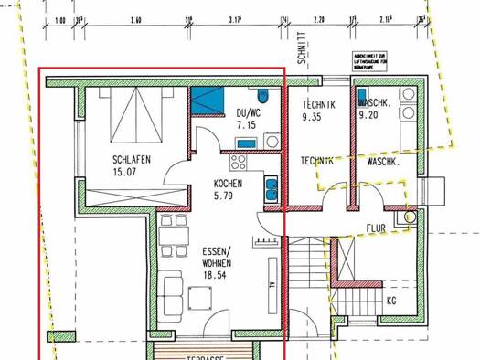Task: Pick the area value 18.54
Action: [217, 272]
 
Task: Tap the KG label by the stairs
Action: [391, 299]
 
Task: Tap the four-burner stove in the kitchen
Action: [240, 163]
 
